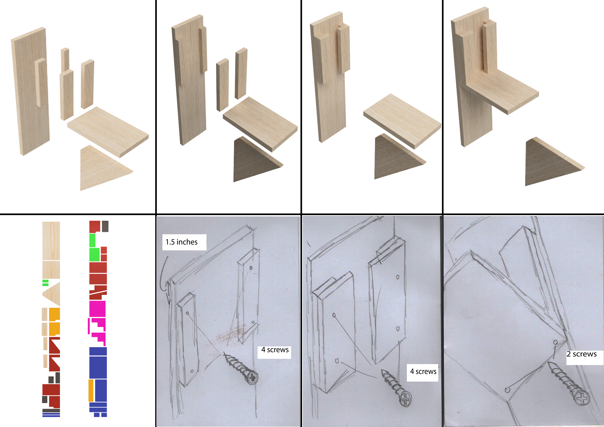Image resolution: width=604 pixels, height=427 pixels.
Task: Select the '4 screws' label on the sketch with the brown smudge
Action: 275,350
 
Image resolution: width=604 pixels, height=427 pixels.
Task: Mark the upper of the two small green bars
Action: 45,281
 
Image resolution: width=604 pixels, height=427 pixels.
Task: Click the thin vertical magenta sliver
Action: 89,326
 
